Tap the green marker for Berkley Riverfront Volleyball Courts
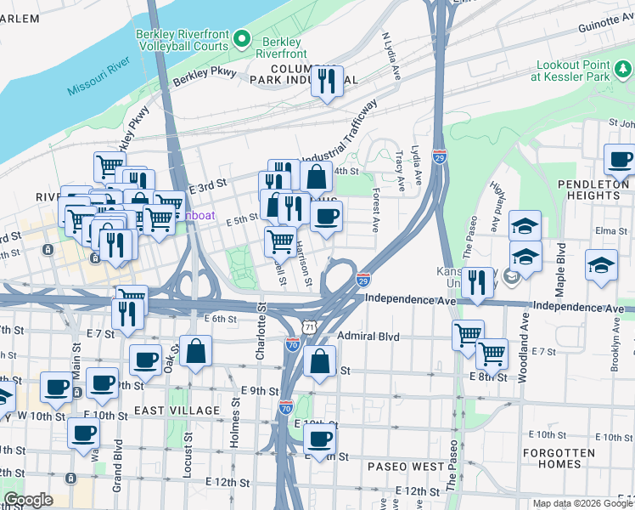(x=241, y=37)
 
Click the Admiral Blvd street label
(x=368, y=337)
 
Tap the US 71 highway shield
(x=311, y=326)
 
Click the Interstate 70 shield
(x=292, y=345)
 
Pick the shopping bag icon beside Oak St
(x=195, y=351)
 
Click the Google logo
(x=28, y=500)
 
